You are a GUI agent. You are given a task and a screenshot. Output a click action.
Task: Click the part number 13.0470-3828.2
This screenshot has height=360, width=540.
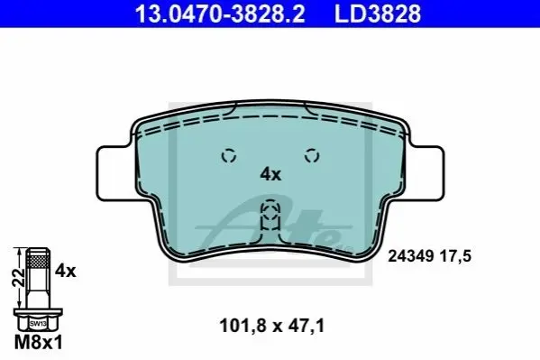pyautogui.click(x=220, y=14)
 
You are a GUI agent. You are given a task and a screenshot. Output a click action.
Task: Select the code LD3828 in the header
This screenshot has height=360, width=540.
pyautogui.click(x=378, y=14)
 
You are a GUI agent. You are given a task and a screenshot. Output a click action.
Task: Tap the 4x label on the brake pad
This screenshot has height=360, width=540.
pyautogui.click(x=270, y=174)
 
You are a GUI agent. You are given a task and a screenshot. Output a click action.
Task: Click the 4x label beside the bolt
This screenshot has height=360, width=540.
pyautogui.click(x=66, y=271)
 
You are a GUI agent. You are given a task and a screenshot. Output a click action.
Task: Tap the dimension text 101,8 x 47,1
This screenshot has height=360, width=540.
pyautogui.click(x=272, y=326)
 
